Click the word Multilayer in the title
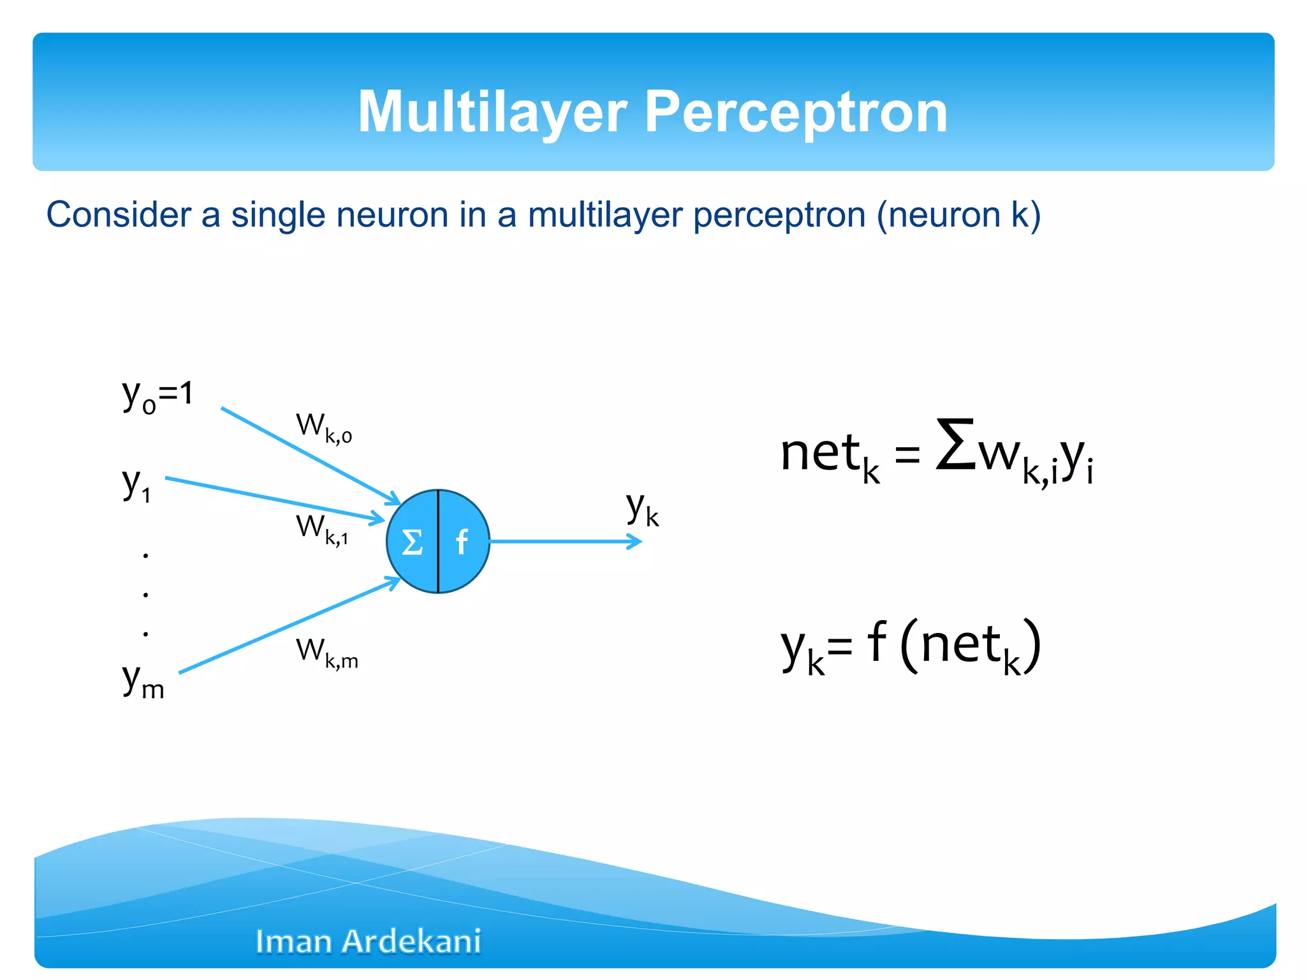coord(492,112)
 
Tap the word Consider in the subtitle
coord(119,214)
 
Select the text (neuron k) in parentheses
coord(958,214)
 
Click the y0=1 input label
coord(157,396)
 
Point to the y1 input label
coord(136,484)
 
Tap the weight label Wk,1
coord(322,529)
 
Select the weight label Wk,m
coord(326,653)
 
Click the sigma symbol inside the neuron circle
coord(412,542)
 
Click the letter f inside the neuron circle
coord(462,542)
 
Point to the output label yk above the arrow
coord(642,509)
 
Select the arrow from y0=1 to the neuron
coord(306,454)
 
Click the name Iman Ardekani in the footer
coord(368,941)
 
